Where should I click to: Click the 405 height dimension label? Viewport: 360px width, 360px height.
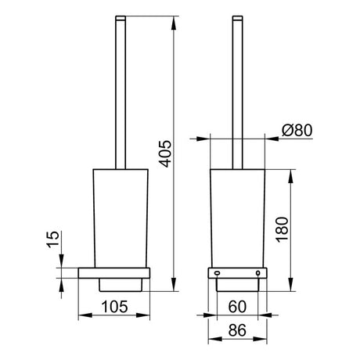tap(165, 153)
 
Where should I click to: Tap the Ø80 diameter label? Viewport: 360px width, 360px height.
tap(297, 130)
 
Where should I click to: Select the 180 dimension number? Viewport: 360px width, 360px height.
tap(283, 230)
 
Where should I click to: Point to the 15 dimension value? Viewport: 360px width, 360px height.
tap(53, 239)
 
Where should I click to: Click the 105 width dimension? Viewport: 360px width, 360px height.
tap(114, 307)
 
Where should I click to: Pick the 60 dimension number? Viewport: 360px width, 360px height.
tap(237, 307)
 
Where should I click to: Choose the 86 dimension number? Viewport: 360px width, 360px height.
tap(237, 330)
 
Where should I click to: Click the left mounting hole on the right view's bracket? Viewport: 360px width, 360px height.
tap(217, 273)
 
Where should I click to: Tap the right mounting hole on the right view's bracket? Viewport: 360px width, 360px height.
tap(257, 273)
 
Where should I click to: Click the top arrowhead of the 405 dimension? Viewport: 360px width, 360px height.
tap(173, 23)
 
